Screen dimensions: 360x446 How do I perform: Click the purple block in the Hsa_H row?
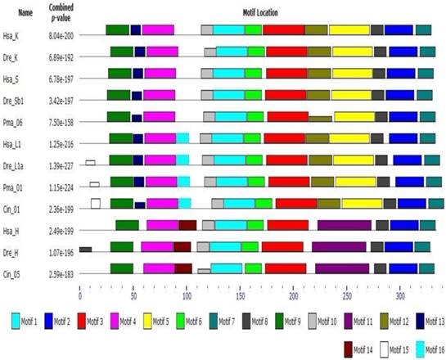344,225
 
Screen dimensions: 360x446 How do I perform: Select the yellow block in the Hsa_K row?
349,30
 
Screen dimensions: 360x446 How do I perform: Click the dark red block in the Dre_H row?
182,246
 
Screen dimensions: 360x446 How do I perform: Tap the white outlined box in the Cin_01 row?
96,203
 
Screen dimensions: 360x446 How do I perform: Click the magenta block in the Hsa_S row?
160,74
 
